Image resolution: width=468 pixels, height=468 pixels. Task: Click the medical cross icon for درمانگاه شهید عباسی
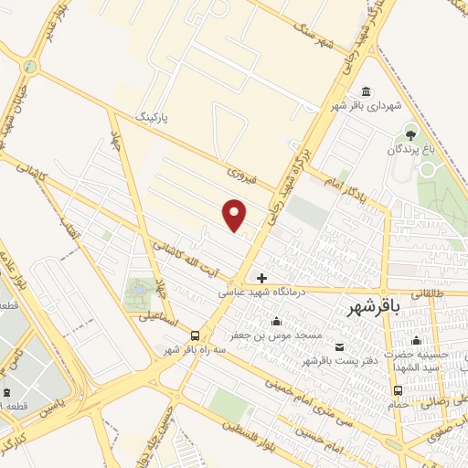click(261, 278)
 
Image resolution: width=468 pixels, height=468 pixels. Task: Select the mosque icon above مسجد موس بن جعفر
click(276, 321)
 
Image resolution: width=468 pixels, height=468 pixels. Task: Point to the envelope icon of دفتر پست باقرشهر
click(340, 346)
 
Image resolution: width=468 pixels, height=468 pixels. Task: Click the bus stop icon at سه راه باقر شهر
click(195, 335)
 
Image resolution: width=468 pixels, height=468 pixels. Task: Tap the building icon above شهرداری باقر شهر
click(366, 90)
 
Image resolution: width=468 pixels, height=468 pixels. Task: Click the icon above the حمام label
click(398, 389)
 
